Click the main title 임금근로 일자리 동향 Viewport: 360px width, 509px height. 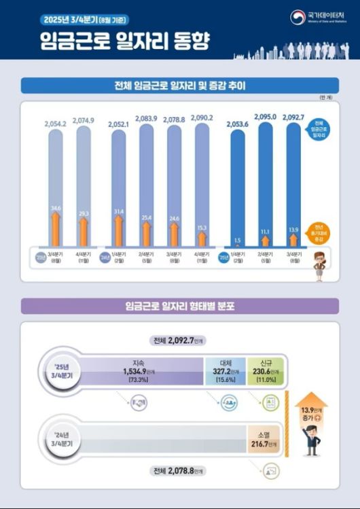click(124, 41)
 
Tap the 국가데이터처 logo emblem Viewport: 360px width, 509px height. click(298, 16)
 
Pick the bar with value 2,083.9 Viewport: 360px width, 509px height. click(146, 183)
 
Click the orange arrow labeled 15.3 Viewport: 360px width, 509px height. click(202, 237)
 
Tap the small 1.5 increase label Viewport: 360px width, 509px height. click(237, 240)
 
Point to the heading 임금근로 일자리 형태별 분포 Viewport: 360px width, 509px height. click(179, 306)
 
